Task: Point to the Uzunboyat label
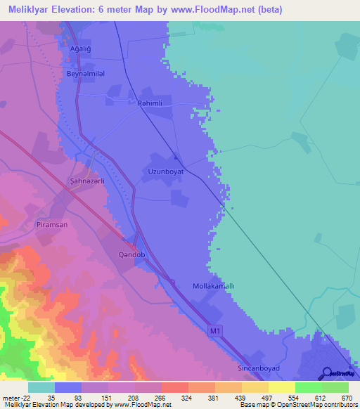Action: [166, 171]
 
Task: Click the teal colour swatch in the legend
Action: [41, 387]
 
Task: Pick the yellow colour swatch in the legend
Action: [282, 387]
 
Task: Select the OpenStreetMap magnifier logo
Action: [326, 372]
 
